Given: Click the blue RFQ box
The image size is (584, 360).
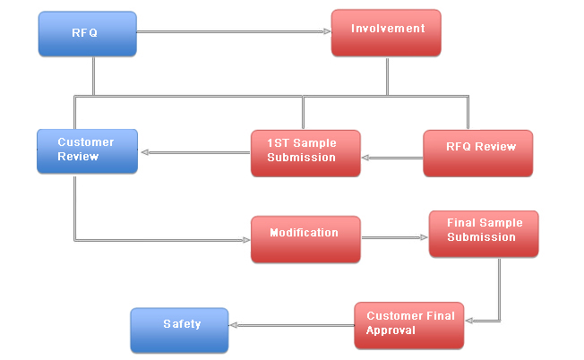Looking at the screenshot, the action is click(88, 34).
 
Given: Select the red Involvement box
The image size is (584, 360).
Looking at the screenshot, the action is click(386, 33).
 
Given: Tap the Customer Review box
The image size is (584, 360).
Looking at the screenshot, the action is click(88, 151).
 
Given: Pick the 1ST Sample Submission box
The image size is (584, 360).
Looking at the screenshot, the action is click(305, 153).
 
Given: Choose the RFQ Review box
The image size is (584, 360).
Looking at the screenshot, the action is click(477, 153).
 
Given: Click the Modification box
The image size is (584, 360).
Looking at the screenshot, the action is click(305, 239).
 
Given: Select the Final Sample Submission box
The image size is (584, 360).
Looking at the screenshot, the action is click(484, 234).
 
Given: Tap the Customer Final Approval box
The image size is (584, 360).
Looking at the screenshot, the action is click(409, 326).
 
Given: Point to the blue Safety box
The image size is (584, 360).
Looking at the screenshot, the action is click(179, 330).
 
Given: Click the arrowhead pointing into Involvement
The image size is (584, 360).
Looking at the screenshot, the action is click(327, 31).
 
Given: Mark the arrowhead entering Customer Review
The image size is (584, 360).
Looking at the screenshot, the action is click(145, 152).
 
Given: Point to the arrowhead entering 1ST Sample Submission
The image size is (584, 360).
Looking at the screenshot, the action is click(365, 158).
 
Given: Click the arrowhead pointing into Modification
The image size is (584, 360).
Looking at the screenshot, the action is click(246, 240).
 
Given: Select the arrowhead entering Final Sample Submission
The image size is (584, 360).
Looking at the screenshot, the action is click(424, 237).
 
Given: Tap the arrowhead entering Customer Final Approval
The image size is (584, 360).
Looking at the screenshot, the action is click(469, 321).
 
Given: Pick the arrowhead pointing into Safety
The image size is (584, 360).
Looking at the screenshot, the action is click(234, 325).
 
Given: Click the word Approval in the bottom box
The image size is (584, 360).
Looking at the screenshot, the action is click(391, 330).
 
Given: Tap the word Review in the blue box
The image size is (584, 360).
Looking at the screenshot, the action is click(78, 157).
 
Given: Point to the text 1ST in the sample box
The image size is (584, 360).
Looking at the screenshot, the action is click(279, 143).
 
